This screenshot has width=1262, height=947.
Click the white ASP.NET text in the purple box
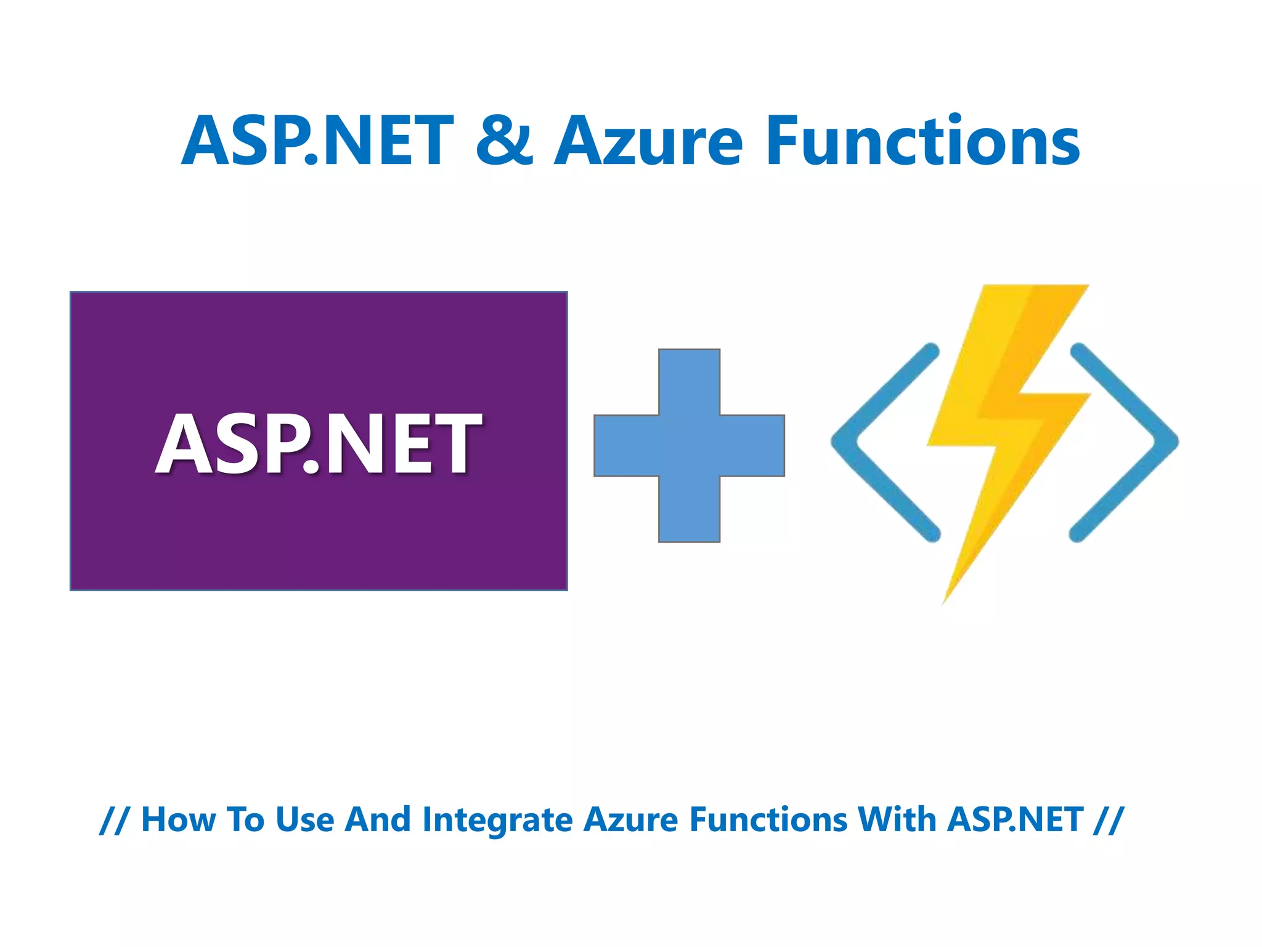tap(318, 443)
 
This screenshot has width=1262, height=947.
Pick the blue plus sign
tap(689, 445)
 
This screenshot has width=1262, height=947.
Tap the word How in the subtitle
tap(178, 820)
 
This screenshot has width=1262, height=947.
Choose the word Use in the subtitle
tap(304, 820)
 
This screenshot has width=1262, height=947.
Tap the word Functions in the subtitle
tap(768, 820)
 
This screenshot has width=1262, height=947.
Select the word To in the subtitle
tap(245, 820)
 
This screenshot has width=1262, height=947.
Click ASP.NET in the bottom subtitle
tap(1015, 820)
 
